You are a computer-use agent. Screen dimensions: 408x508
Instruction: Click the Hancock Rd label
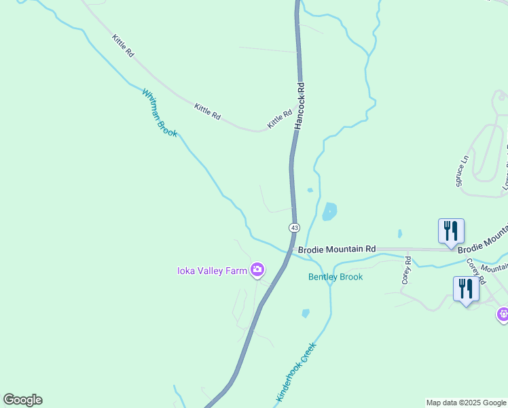[x=300, y=106]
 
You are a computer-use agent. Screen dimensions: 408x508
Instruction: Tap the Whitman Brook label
[x=160, y=112]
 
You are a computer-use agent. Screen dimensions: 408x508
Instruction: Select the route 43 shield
[x=294, y=227]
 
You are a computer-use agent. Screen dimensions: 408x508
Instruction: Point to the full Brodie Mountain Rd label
[x=337, y=250]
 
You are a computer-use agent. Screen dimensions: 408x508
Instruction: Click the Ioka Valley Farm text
[x=212, y=271]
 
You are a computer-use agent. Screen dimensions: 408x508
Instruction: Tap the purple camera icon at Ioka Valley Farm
[x=257, y=270]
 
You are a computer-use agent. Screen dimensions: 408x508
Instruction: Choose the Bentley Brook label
[x=335, y=277]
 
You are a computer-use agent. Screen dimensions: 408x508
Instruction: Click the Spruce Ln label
[x=462, y=171]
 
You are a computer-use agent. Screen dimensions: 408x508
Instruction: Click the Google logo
[x=22, y=400]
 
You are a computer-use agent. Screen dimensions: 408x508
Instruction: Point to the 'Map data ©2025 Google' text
[x=467, y=403]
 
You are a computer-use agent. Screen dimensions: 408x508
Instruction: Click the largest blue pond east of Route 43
[x=329, y=211]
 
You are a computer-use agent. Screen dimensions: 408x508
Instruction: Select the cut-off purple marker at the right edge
[x=503, y=313]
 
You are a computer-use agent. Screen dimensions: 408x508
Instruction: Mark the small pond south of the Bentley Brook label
[x=306, y=313]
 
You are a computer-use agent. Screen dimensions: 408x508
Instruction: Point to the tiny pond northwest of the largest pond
[x=310, y=190]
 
